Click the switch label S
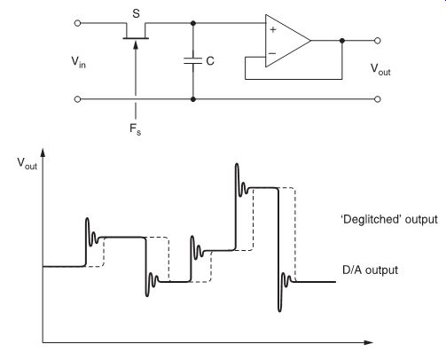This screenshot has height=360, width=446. (136, 13)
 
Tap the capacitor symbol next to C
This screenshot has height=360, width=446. (193, 61)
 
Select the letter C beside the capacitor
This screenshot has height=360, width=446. (210, 61)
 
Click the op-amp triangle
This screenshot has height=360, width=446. (288, 41)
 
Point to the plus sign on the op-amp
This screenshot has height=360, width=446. (273, 29)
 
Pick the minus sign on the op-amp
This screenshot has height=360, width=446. (272, 53)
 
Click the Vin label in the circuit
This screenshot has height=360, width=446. (78, 62)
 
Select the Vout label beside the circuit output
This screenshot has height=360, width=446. (380, 70)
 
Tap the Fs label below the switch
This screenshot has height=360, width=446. (135, 129)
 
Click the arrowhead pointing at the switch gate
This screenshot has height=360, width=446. (136, 44)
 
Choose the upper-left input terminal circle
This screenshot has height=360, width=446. (77, 23)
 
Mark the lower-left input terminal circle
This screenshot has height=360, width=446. (77, 99)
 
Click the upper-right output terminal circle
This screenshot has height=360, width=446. (378, 41)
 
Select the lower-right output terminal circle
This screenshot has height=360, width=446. (378, 99)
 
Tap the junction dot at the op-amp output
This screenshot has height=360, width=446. (342, 41)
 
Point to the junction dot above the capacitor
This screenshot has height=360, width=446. (193, 23)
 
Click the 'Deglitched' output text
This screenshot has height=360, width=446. (389, 220)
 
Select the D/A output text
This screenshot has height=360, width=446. (370, 270)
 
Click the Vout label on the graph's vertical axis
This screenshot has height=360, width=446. (27, 163)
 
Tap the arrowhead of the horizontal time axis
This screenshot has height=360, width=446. (369, 342)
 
